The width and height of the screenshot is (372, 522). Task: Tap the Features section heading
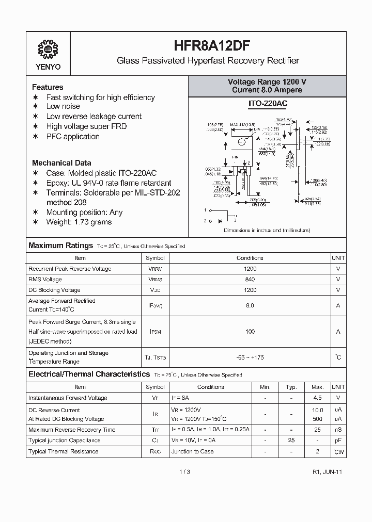[48, 87]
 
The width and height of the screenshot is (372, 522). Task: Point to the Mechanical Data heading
[61, 163]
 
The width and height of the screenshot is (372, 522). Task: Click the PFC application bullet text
[73, 137]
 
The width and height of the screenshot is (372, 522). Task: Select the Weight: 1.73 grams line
[79, 222]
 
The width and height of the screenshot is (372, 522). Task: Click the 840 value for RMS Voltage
[250, 279]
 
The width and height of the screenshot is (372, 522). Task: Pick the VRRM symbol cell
[155, 269]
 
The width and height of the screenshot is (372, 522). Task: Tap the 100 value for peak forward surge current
[250, 332]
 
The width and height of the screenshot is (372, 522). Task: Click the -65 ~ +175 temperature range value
[250, 357]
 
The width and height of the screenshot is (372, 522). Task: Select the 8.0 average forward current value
[250, 305]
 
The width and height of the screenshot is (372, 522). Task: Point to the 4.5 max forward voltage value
[317, 398]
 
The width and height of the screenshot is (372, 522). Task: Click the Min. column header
[265, 387]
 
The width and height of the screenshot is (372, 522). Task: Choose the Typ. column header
[291, 387]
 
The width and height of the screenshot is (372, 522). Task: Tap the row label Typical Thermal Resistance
[63, 452]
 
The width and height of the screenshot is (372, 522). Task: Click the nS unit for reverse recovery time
[338, 430]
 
